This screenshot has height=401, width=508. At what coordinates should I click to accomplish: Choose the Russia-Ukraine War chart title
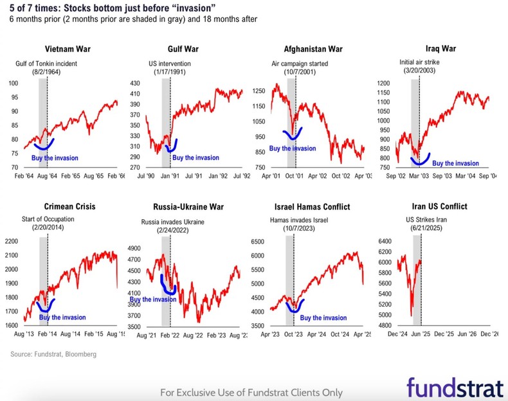click(x=185, y=206)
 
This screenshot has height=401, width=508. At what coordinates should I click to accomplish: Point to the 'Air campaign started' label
click(x=300, y=64)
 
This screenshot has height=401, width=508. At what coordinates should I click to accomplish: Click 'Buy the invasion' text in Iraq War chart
click(x=455, y=163)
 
